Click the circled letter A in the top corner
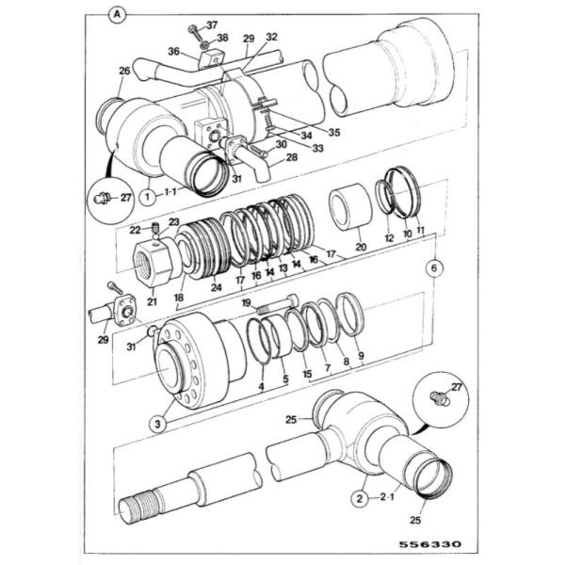[x=117, y=15]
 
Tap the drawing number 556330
[x=430, y=544]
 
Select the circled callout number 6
[x=434, y=268]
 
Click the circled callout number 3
[x=158, y=424]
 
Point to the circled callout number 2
[x=360, y=499]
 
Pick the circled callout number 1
[x=148, y=197]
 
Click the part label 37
[x=212, y=24]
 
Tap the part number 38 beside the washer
[x=222, y=38]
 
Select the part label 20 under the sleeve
[x=361, y=247]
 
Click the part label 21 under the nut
[x=152, y=301]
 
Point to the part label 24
[x=217, y=287]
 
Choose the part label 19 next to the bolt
[x=247, y=302]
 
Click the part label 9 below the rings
[x=361, y=356]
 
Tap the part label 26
[x=124, y=71]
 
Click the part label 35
[x=334, y=133]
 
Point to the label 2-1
[x=387, y=497]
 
